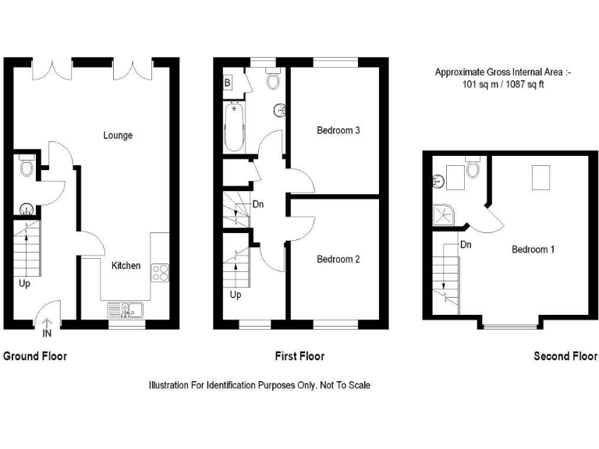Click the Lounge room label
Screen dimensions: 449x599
point(118,136)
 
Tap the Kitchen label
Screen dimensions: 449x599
point(126,266)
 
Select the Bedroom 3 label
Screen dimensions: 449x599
point(338,131)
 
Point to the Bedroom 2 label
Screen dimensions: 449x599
point(338,260)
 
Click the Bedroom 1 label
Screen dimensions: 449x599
point(533,250)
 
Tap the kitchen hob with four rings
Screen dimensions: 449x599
point(160,272)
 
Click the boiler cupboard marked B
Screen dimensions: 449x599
point(228,83)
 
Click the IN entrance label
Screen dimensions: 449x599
point(47,334)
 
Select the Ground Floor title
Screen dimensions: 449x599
point(35,357)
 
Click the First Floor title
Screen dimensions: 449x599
point(299,357)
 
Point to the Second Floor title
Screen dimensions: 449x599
point(565,357)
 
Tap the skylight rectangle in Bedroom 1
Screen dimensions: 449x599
point(541,179)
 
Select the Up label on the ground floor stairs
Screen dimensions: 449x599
point(25,284)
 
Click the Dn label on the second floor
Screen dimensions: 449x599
point(466,245)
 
